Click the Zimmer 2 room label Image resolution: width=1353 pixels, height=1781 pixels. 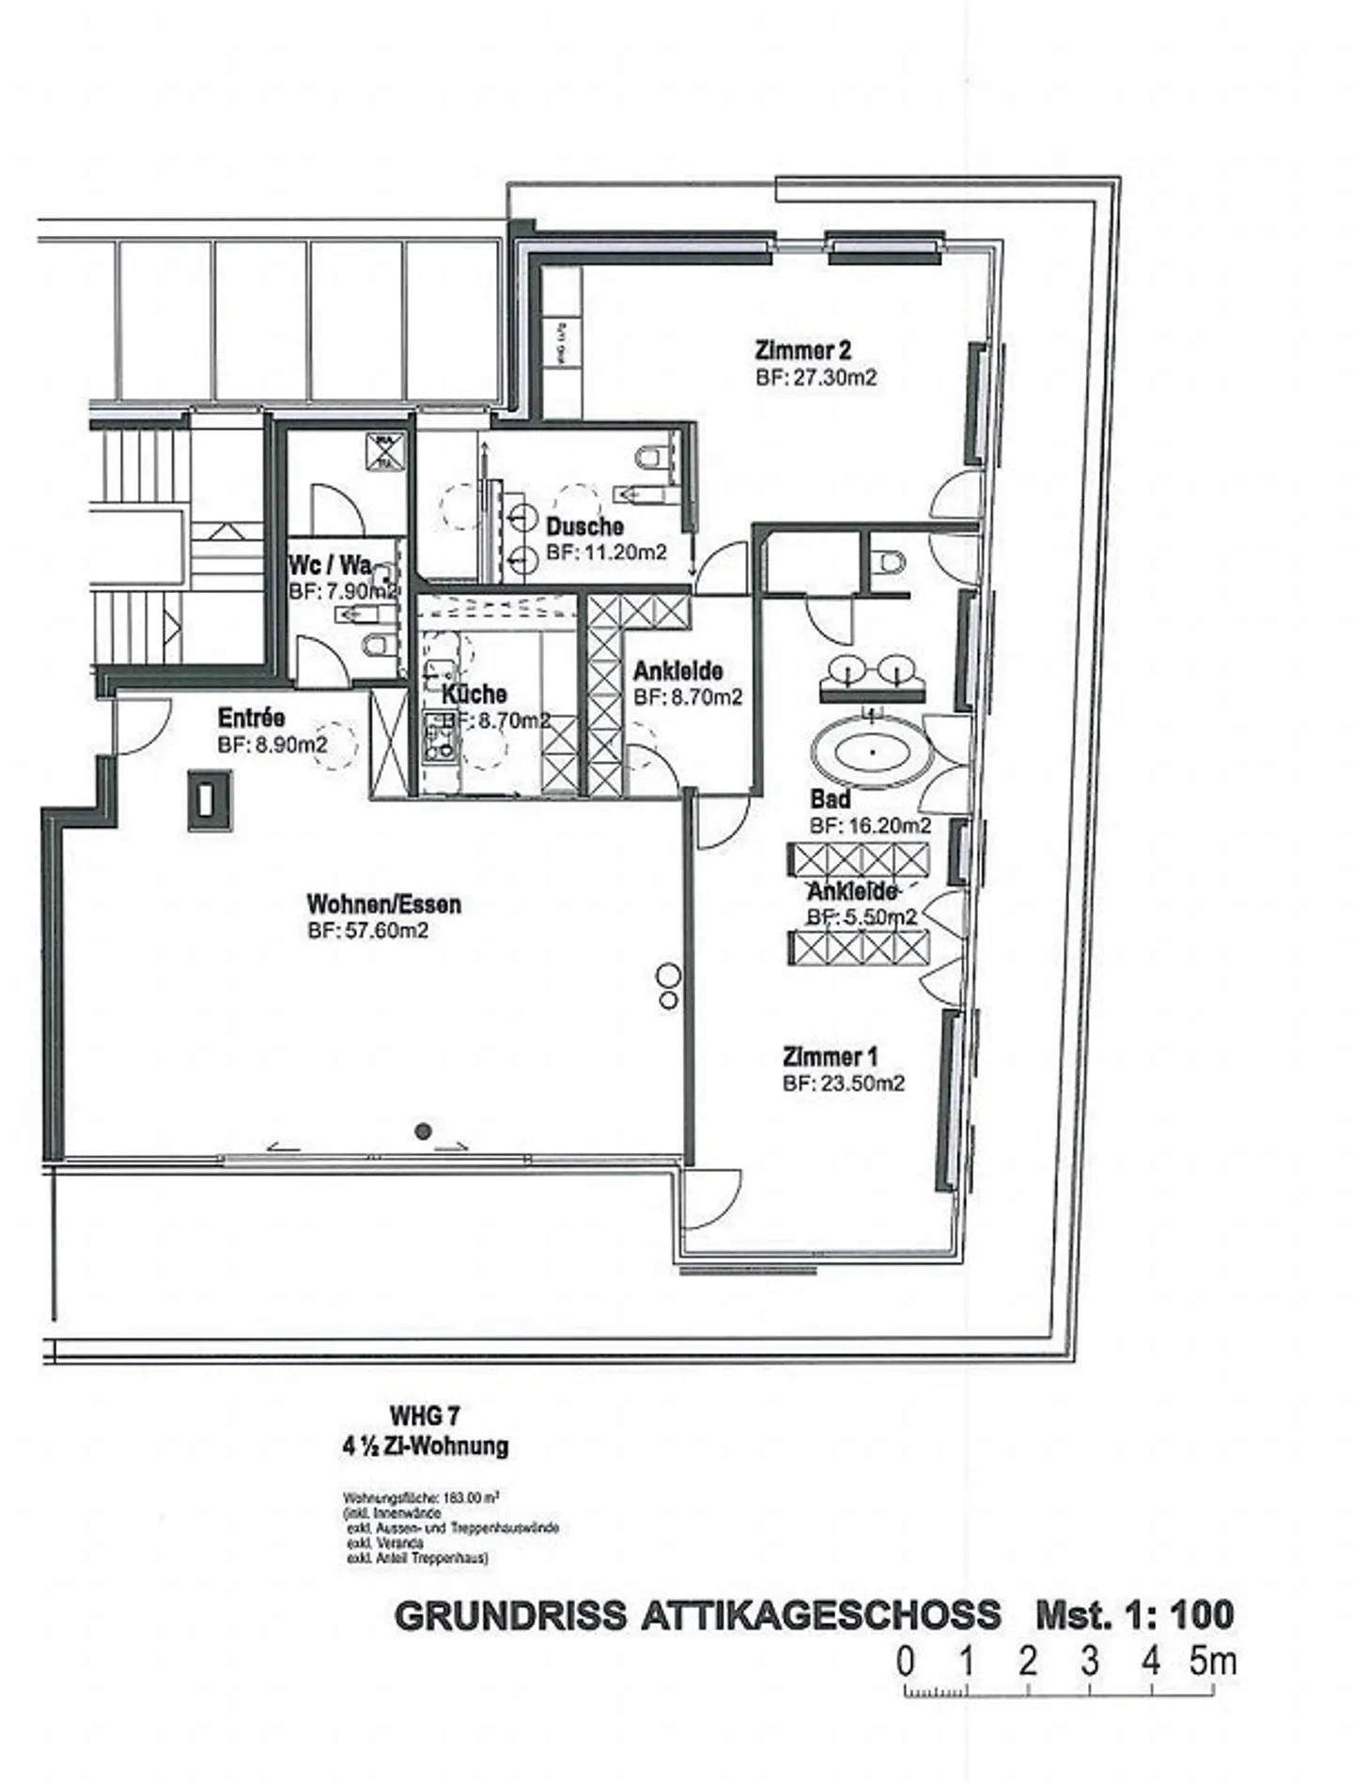[802, 351]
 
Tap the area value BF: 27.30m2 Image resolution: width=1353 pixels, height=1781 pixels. [816, 377]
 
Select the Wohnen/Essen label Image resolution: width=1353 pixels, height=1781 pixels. [383, 904]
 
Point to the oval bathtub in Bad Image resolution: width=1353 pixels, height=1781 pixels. [872, 752]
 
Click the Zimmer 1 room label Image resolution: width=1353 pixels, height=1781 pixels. [830, 1056]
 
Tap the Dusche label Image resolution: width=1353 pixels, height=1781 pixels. [584, 526]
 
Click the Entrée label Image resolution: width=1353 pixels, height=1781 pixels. [251, 718]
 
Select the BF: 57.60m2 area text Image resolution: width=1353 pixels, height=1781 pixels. [367, 930]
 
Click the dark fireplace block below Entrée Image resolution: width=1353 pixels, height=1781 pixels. [209, 799]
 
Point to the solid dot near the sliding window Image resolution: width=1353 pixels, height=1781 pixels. [425, 1131]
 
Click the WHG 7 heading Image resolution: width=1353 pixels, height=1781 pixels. [425, 1415]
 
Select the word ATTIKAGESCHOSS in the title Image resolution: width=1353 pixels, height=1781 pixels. [820, 1615]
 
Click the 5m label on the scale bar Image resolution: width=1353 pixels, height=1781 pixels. [1212, 1662]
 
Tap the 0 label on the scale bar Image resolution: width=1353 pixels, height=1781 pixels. [904, 1662]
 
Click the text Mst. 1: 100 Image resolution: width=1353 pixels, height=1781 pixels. [1134, 1615]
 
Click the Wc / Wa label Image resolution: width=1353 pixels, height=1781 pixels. [330, 565]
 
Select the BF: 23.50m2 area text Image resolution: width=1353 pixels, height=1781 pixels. [843, 1083]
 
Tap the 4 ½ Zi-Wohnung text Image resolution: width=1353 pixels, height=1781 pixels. [425, 1445]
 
